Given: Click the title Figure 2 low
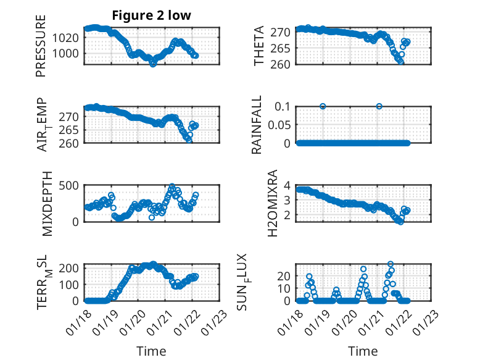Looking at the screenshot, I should pyautogui.click(x=152, y=15).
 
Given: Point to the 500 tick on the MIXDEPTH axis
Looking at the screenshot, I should pyautogui.click(x=69, y=185).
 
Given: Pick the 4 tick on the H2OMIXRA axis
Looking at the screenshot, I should pyautogui.click(x=288, y=185).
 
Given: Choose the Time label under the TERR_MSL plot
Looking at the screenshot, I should pyautogui.click(x=152, y=351).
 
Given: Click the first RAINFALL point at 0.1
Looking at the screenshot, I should pyautogui.click(x=323, y=106).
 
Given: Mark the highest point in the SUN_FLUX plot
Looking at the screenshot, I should pyautogui.click(x=390, y=264).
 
